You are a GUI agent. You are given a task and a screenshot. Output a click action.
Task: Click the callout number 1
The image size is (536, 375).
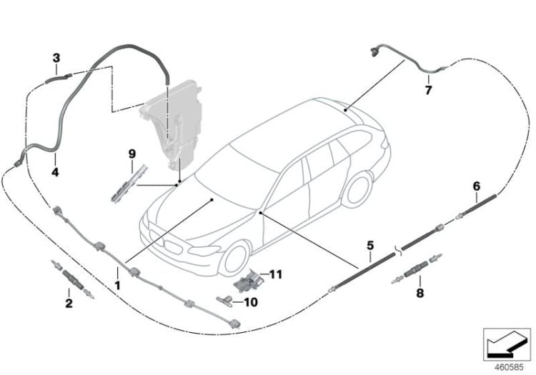[x=117, y=286]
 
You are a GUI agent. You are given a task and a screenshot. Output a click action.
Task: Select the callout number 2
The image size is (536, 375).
[x=69, y=303]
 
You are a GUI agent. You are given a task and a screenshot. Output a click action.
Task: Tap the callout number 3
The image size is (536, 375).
[x=56, y=58]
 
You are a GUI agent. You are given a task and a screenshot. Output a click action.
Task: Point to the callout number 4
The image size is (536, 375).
[x=55, y=172]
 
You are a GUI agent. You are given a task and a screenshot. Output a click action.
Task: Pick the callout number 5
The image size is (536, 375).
[x=370, y=245]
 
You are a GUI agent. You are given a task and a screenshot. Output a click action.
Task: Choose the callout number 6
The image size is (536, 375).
[x=477, y=186]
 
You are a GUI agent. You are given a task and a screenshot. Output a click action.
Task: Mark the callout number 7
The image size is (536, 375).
[x=428, y=90]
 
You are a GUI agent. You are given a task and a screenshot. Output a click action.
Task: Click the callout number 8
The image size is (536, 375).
[x=420, y=293]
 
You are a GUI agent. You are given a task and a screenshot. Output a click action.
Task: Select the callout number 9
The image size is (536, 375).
[x=132, y=154]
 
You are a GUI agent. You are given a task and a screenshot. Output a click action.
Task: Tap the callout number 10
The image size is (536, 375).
[x=251, y=302]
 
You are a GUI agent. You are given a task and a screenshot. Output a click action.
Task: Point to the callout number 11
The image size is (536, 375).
[x=276, y=274]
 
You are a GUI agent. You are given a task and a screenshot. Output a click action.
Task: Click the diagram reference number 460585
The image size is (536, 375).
[x=509, y=367]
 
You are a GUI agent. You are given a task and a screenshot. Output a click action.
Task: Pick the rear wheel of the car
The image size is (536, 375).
[x=358, y=189]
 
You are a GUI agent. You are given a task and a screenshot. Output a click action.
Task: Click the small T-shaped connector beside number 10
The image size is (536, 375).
[x=224, y=301]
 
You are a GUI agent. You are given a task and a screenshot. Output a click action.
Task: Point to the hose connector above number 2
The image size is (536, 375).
[x=72, y=279]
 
